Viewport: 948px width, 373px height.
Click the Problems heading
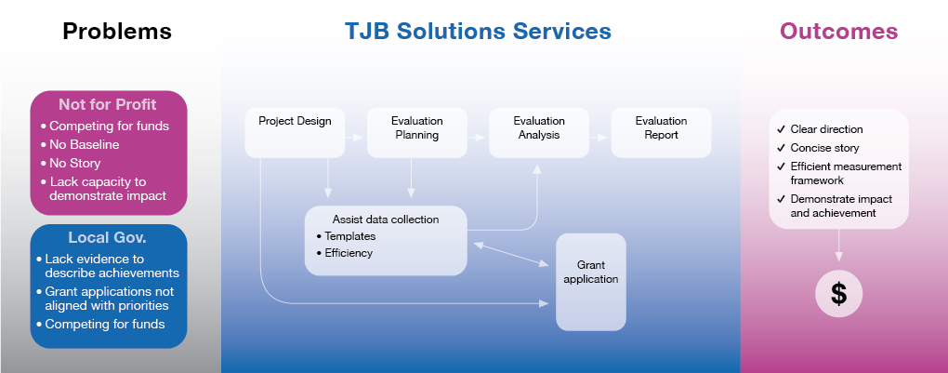[x=117, y=32]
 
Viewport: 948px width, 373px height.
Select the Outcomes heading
[x=838, y=32]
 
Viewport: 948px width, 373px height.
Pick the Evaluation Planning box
[x=416, y=131]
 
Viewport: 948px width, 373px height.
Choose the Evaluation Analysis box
[x=538, y=131]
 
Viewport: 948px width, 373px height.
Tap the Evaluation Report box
[x=661, y=131]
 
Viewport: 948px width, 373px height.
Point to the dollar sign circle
[x=838, y=294]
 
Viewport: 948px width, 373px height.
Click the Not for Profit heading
[x=108, y=104]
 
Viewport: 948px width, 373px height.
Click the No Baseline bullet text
[x=85, y=144]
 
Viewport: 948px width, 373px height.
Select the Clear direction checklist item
[x=826, y=129]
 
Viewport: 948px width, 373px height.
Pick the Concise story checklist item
[x=824, y=148]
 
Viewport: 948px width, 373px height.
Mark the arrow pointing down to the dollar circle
[x=838, y=244]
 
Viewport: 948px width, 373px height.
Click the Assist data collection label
[x=386, y=220]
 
